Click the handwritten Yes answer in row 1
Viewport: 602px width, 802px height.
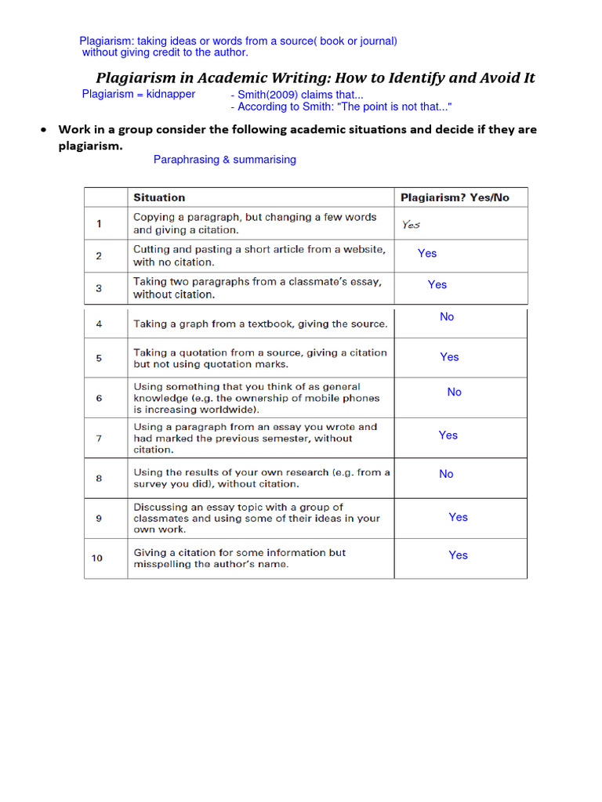pos(412,224)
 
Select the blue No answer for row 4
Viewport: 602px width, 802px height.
pos(447,316)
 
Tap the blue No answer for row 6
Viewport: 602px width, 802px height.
pos(454,392)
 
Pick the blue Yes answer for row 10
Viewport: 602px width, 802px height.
pos(458,555)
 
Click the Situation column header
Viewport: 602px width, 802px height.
pos(159,197)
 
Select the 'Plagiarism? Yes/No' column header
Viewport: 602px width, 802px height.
pos(455,197)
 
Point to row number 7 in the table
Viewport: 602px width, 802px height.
pos(99,439)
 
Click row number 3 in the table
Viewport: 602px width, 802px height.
pos(99,288)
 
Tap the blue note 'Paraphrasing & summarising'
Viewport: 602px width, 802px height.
pos(225,160)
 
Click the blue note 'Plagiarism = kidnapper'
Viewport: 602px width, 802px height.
pos(139,94)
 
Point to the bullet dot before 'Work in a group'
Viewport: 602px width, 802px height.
pos(45,130)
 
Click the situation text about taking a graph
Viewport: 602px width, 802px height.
pos(260,323)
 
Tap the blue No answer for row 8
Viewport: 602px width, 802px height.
pos(446,474)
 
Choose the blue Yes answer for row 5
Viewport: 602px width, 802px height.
pos(449,356)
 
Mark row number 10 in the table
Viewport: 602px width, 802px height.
pos(97,558)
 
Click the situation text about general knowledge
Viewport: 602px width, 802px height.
pos(256,398)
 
